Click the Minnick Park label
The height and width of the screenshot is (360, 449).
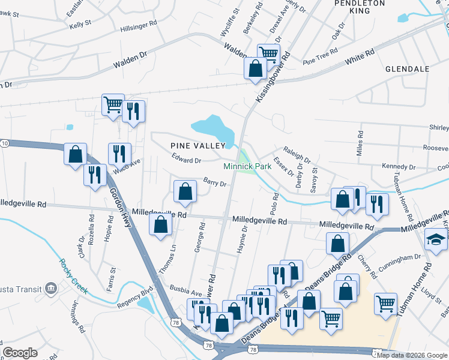247,166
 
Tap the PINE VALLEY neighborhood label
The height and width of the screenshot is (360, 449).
197,145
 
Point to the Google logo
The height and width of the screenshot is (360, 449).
20,353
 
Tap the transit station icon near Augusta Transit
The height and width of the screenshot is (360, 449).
50,288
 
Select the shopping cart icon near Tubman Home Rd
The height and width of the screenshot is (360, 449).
385,303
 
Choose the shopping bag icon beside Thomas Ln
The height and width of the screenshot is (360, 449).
160,225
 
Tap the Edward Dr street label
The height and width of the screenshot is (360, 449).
185,160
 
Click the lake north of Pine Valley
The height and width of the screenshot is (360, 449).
212,127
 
